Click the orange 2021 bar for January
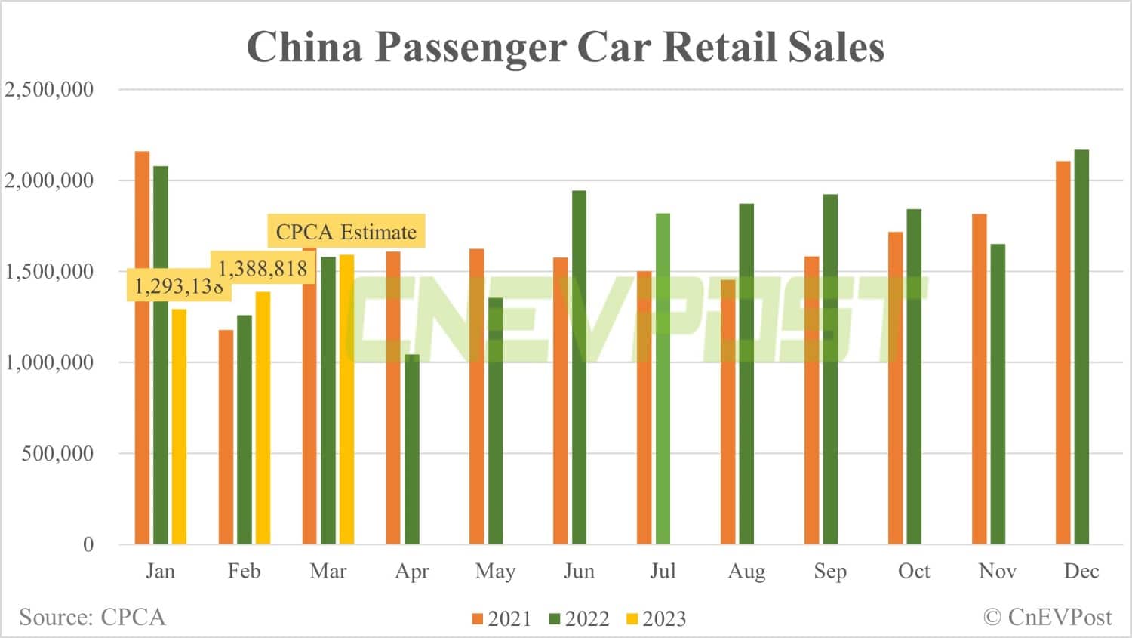(142, 347)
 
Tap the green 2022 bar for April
(412, 448)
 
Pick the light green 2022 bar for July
(663, 378)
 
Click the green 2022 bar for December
(1081, 347)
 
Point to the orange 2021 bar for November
(980, 378)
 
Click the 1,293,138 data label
(179, 287)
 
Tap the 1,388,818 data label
(263, 269)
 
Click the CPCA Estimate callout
(346, 232)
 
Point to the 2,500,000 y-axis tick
(49, 89)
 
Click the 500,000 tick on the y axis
(57, 453)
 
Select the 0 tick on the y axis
(88, 544)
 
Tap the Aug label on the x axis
(746, 572)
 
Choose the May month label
(495, 572)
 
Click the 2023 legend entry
(657, 619)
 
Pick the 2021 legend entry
(502, 619)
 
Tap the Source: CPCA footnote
(92, 617)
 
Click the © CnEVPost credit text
(1047, 617)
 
